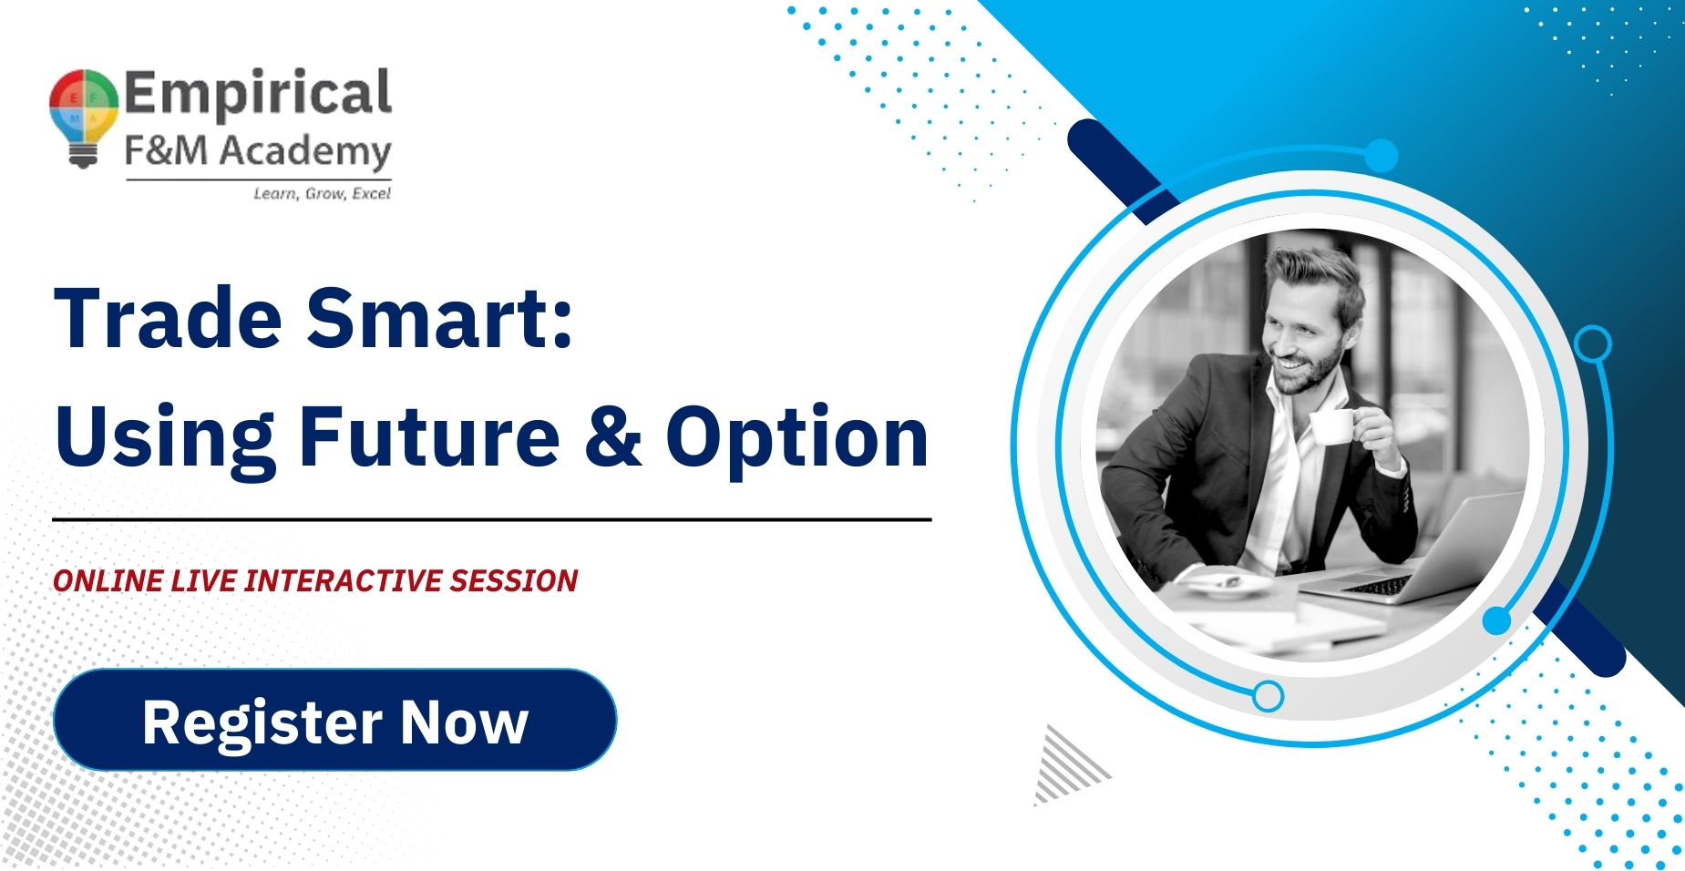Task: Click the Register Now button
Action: [335, 720]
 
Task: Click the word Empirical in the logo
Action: [258, 93]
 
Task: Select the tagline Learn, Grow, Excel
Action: [322, 193]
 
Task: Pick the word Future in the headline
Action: [430, 436]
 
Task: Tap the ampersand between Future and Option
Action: [614, 436]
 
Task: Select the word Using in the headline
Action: [165, 440]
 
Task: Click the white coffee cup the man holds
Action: [1333, 425]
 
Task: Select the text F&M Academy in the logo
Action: [258, 151]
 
